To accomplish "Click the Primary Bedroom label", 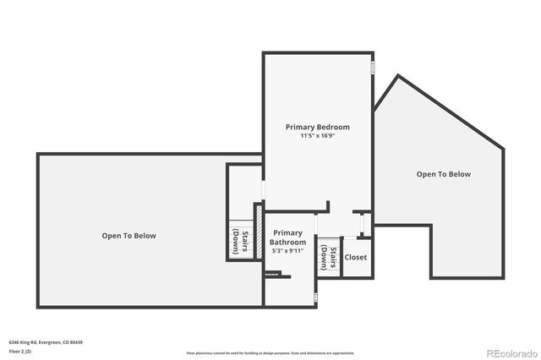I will [x=317, y=127].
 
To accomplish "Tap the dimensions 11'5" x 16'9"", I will [x=317, y=136].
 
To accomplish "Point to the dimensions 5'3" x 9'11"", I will [x=287, y=250].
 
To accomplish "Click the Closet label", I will [x=356, y=257].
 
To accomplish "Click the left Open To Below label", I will [x=128, y=236].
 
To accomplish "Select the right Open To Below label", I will [x=443, y=174].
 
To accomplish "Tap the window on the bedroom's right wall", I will [x=372, y=67].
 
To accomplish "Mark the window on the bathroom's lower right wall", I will [x=315, y=298].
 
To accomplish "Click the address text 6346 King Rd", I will [x=26, y=342].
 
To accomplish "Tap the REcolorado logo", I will [x=510, y=352].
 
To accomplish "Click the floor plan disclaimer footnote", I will [x=270, y=352].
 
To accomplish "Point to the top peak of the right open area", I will [x=397, y=77].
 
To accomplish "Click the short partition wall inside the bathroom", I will [x=277, y=275].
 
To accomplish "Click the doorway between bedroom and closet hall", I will [x=362, y=225].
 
